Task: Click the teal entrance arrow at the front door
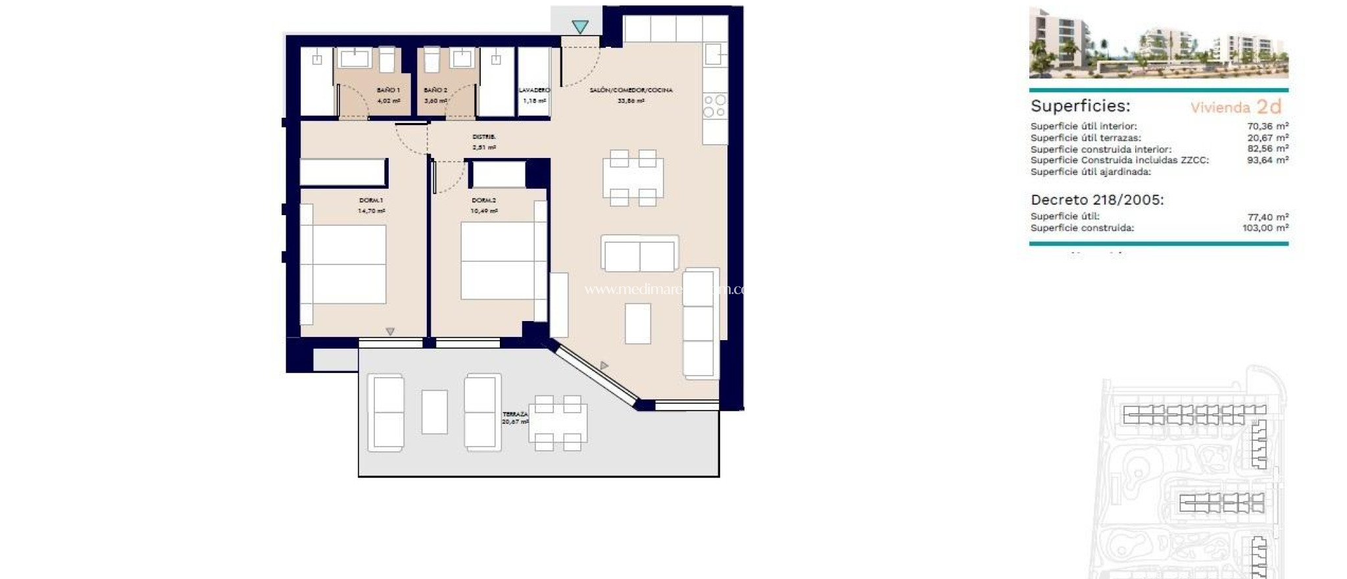[579, 27]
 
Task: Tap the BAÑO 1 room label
[388, 90]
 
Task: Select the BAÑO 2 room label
[435, 90]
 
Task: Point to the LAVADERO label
[534, 90]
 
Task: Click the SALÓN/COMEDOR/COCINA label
[631, 90]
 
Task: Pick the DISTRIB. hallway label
[484, 137]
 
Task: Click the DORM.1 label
[371, 200]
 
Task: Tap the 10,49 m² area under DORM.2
[484, 211]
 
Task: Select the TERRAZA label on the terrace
[515, 415]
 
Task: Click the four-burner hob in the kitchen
[714, 106]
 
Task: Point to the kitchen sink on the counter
[714, 54]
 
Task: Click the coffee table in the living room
[637, 323]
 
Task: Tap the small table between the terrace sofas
[434, 412]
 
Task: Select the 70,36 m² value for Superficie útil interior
[1267, 126]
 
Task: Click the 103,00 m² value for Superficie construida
[1265, 228]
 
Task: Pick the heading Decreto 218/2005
[1097, 200]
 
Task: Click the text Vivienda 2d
[1236, 107]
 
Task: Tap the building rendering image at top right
[1158, 43]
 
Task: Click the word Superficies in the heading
[1080, 106]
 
